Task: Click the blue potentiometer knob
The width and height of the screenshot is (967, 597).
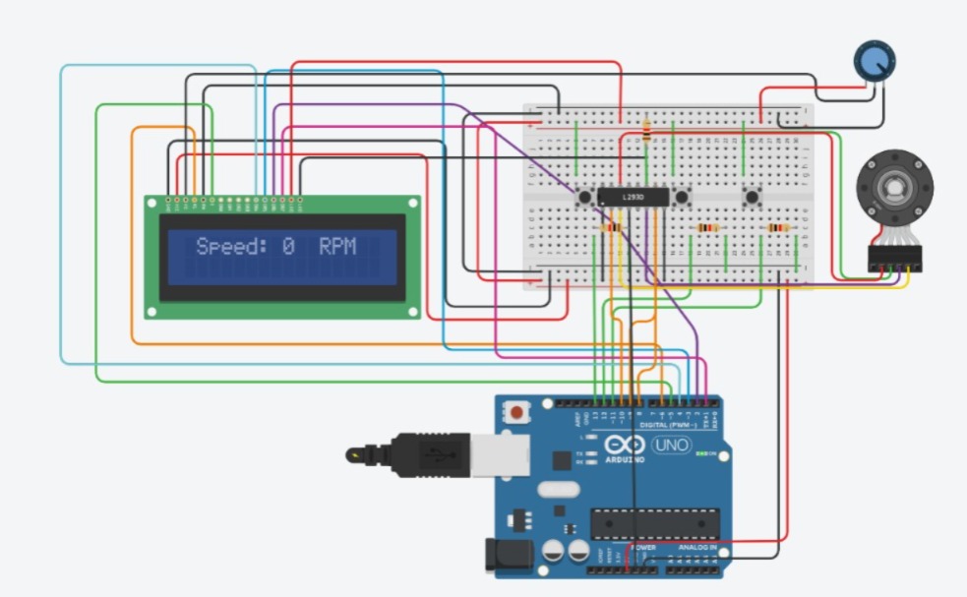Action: coord(874,61)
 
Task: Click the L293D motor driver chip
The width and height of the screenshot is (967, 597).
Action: coord(634,198)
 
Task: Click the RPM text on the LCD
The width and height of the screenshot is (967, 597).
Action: coord(337,246)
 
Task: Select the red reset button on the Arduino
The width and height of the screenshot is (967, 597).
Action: coord(517,410)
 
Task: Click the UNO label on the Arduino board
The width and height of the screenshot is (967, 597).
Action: coord(671,446)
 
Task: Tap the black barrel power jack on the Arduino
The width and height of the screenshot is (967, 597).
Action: coord(511,557)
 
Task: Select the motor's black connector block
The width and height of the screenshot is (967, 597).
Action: coord(894,259)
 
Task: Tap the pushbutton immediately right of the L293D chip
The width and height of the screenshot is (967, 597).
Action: coord(681,198)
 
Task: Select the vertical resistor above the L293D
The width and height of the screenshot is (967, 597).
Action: coord(646,131)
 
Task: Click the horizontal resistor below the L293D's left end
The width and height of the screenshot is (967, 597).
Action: coord(611,228)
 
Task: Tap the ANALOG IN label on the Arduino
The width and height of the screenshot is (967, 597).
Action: coord(696,547)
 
